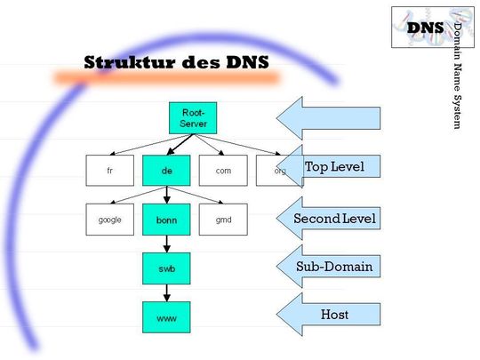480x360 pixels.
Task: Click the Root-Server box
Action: tap(193, 118)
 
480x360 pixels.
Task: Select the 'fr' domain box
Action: tap(109, 170)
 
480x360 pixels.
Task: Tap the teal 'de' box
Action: tap(166, 170)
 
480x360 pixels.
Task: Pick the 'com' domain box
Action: tap(222, 170)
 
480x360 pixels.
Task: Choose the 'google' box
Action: tap(109, 219)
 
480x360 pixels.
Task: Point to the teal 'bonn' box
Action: tap(166, 219)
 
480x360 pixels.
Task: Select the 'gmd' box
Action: tap(222, 219)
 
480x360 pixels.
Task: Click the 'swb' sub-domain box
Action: tap(166, 267)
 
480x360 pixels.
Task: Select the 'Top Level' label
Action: tap(334, 167)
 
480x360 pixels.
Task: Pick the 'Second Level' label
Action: tap(334, 218)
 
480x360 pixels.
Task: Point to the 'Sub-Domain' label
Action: tap(334, 266)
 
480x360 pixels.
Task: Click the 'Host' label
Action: tap(334, 314)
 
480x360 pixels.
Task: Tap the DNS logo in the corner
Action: tap(425, 27)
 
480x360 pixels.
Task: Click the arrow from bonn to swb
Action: tap(166, 243)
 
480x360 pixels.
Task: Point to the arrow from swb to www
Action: tap(166, 291)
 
